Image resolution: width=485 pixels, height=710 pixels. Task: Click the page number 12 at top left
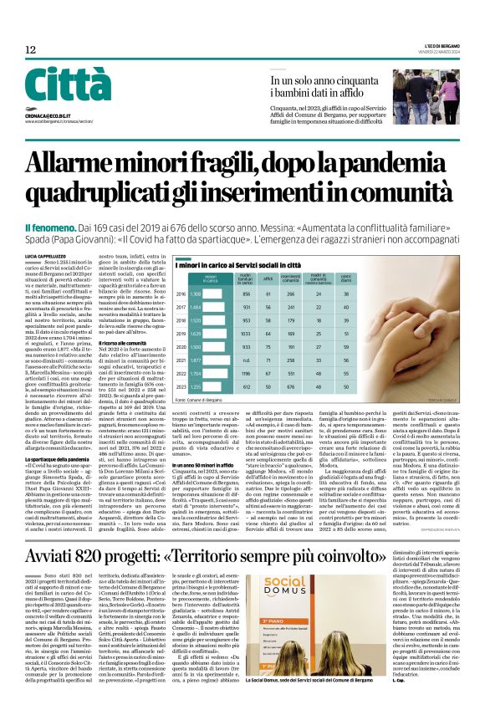tap(30, 50)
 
